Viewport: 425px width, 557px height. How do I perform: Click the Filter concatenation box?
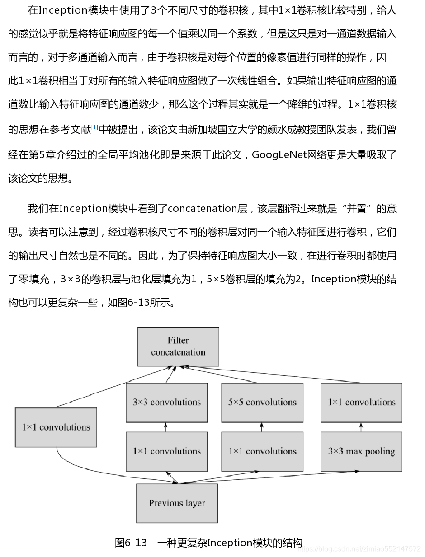178,346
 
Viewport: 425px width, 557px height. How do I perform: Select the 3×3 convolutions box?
166,403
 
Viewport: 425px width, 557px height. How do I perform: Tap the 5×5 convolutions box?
262,403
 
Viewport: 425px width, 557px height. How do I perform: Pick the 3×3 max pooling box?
361,451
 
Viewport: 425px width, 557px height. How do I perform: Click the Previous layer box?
177,503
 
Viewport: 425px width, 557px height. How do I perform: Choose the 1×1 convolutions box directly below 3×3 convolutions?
166,451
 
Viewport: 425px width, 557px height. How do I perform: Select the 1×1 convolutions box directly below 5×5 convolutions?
262,451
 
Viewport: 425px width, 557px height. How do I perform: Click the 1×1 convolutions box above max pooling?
361,403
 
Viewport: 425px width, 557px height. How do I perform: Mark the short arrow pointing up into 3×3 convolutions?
166,427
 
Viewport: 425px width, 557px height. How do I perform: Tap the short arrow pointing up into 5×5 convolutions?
262,427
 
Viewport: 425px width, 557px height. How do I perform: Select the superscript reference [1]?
94,127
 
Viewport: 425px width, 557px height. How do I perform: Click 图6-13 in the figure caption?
131,543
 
